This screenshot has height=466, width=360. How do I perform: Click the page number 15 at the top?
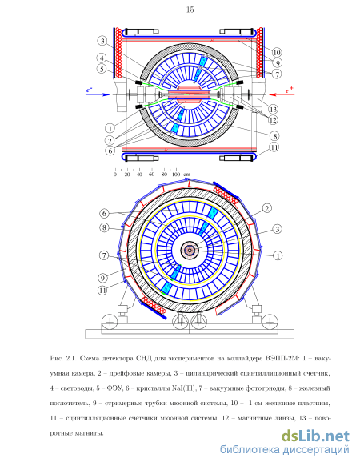tap(190, 10)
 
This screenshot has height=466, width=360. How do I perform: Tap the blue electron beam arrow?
tap(98, 94)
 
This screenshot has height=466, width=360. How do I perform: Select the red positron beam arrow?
tap(282, 94)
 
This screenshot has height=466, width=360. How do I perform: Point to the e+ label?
tap(290, 90)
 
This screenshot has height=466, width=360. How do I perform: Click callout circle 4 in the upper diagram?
tap(102, 58)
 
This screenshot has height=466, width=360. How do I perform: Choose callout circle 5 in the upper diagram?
tap(102, 69)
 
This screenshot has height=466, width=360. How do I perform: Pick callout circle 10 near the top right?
tap(277, 53)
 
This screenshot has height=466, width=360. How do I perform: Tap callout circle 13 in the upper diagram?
tap(273, 109)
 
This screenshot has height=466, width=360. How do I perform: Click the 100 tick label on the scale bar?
tap(176, 175)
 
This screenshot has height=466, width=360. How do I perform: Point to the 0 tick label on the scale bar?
tap(115, 175)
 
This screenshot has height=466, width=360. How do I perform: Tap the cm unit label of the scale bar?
tap(186, 175)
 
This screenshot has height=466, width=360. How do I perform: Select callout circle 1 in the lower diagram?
tap(277, 255)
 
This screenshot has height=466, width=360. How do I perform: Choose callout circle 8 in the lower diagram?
tap(104, 228)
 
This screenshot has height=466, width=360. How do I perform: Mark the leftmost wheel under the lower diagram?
tap(110, 322)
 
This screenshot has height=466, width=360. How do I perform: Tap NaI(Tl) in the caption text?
tap(184, 388)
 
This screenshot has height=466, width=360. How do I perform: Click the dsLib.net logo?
tap(315, 436)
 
